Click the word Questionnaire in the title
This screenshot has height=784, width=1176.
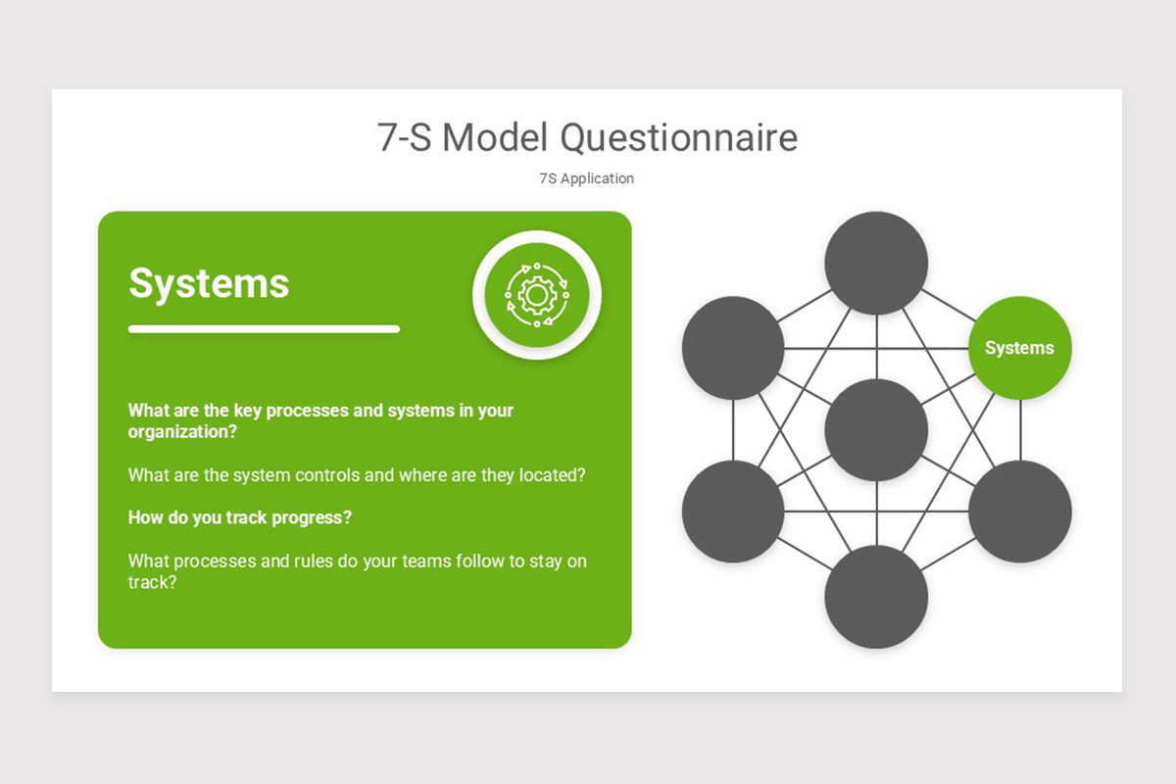[678, 138]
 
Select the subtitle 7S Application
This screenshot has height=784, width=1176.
[586, 178]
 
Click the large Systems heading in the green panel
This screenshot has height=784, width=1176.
[209, 283]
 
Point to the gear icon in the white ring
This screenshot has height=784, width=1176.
[536, 294]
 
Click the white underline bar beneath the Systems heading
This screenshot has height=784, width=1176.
[264, 329]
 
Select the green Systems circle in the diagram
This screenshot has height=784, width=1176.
[1019, 348]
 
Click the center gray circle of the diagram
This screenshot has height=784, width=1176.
[876, 429]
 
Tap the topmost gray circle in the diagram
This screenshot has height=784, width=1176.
[876, 263]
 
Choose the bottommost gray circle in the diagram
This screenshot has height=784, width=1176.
[876, 596]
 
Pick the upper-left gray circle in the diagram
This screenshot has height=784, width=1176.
[733, 348]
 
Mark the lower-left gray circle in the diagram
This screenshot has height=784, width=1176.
[733, 512]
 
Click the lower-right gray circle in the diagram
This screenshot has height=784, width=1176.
[1019, 512]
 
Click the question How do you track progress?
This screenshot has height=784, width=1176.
[240, 517]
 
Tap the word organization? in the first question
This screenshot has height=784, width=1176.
[182, 431]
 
